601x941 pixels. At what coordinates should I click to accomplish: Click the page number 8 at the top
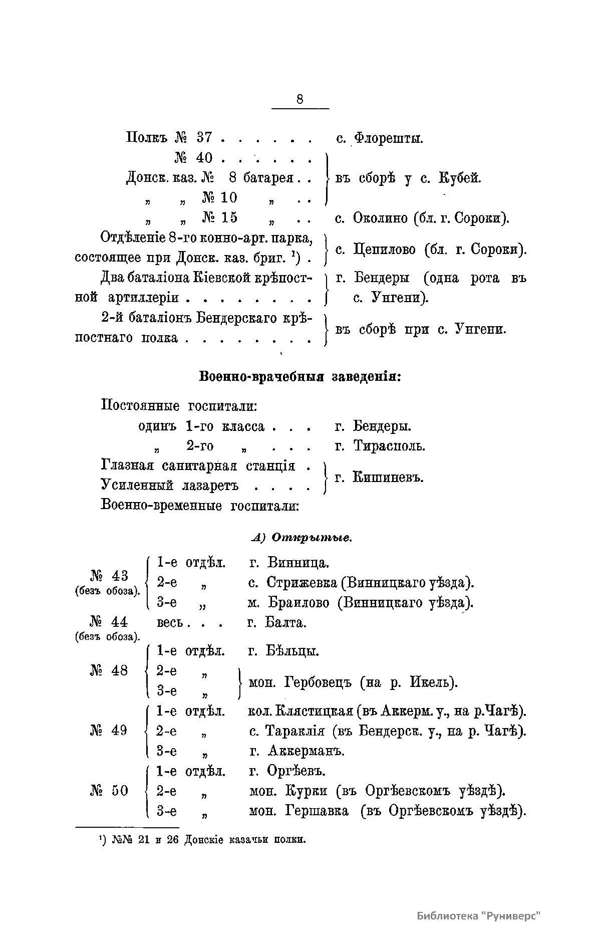click(299, 99)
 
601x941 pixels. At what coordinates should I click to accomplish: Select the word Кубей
click(459, 178)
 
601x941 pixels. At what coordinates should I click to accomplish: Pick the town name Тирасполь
click(389, 445)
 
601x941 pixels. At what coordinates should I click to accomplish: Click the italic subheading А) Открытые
click(301, 538)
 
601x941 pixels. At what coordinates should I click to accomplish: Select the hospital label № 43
click(109, 575)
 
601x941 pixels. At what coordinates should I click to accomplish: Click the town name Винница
click(298, 562)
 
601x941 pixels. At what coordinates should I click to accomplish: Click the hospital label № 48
click(109, 670)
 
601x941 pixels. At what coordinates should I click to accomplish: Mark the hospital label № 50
click(109, 791)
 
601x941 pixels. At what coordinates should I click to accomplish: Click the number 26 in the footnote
click(173, 840)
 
